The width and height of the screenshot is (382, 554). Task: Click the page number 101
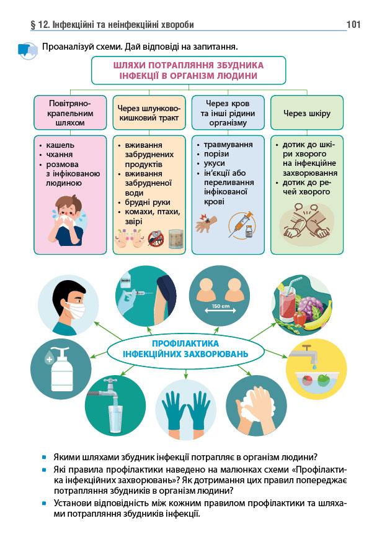[x=353, y=25]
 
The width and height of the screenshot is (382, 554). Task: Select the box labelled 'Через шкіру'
[x=306, y=114]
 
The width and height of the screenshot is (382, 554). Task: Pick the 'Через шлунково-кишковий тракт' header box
[x=149, y=114]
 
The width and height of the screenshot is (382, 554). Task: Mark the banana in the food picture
[x=323, y=314]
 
